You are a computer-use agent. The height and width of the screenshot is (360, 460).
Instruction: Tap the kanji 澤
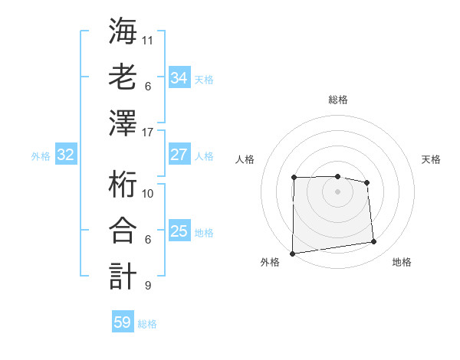coord(123,124)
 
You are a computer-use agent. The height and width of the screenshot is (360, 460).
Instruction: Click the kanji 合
coord(123,232)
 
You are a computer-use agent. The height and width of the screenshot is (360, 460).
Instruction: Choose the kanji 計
coord(123,277)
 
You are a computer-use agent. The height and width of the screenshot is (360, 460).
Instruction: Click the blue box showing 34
coord(179,77)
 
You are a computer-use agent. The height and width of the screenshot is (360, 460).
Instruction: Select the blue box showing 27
coord(179,154)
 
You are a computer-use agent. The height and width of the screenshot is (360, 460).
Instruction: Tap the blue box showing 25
coord(179,231)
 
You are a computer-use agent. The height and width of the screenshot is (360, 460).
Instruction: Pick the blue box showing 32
coord(65,155)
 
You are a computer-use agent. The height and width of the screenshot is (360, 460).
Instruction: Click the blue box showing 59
coord(122,322)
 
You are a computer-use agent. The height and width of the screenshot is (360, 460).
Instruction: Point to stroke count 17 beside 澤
coord(149,132)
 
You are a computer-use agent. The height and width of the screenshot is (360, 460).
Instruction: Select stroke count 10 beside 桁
coord(149,193)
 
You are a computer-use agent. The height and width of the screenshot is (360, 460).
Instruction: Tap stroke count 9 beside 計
coord(147,286)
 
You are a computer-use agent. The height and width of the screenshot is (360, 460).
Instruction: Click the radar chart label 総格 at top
coord(338,100)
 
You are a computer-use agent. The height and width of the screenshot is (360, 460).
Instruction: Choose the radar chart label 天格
coord(431,159)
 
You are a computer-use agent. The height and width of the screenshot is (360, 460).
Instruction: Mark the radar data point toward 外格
coord(292,254)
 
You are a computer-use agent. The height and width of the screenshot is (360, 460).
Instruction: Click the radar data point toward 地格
coord(374,242)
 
